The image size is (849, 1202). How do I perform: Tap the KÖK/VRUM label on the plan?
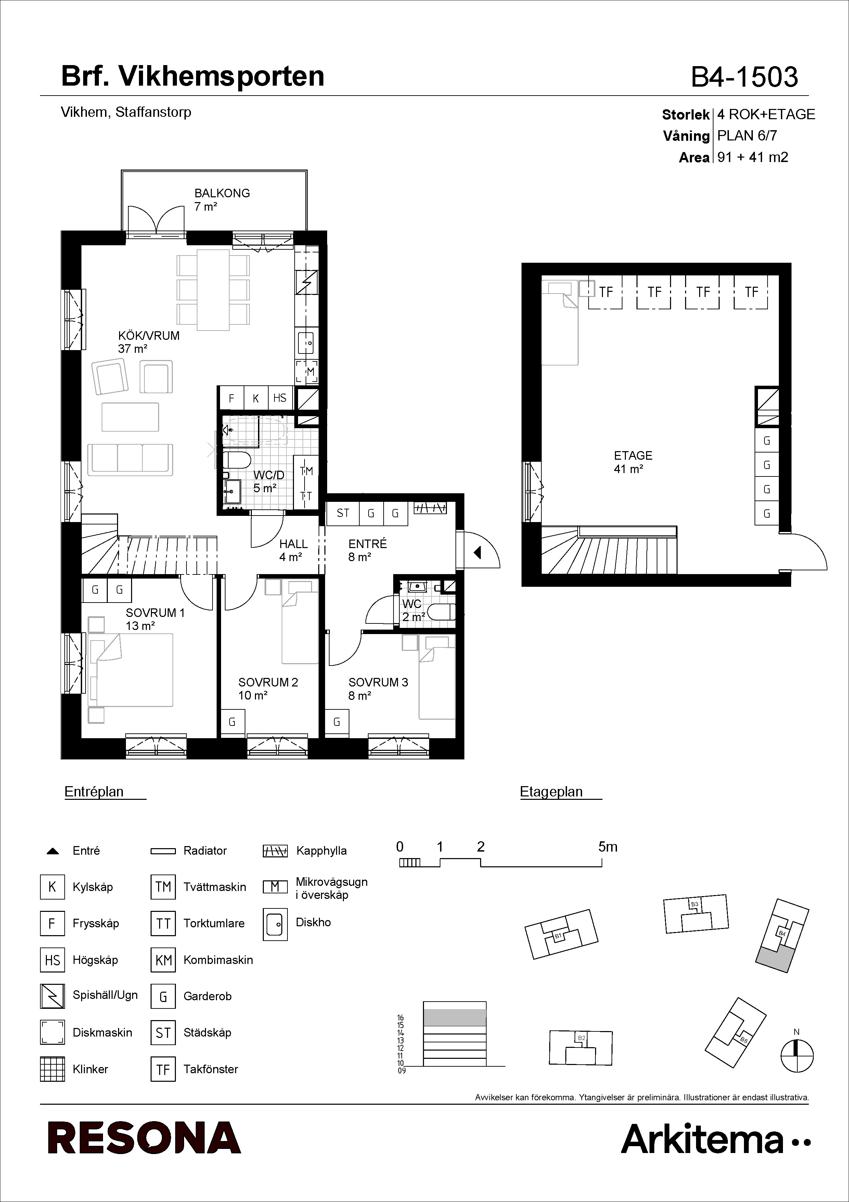[149, 336]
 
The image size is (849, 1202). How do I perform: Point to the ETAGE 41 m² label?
[633, 462]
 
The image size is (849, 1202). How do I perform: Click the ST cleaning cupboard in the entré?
[343, 513]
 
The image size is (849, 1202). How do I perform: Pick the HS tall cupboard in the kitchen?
[280, 398]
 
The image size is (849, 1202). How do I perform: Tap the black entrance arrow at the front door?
[477, 552]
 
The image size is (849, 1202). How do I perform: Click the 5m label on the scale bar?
[608, 846]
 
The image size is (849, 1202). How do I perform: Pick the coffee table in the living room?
[130, 417]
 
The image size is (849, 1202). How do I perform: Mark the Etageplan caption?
[551, 792]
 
